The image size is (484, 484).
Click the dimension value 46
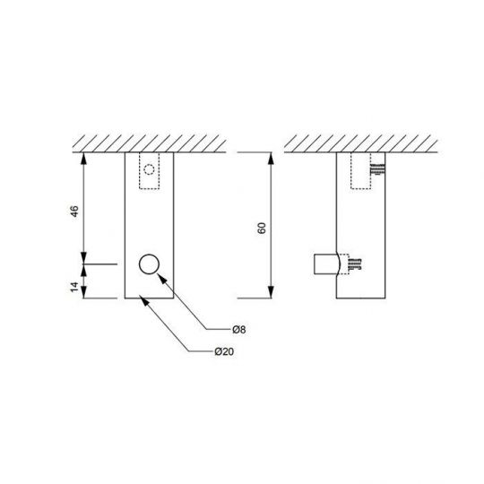coord(75,212)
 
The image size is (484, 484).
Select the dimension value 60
coord(261,229)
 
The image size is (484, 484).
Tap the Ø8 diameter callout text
coord(238,329)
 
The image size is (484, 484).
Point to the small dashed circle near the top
coord(151,168)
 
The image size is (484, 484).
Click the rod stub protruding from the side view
coord(326,265)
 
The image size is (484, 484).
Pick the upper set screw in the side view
coord(378,168)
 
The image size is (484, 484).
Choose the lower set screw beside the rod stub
coord(353,264)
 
